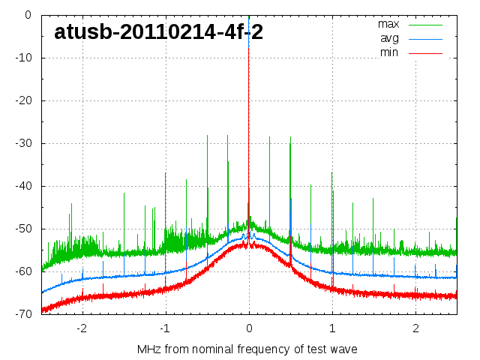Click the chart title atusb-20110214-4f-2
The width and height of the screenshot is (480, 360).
[158, 31]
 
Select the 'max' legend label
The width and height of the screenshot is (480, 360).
[388, 24]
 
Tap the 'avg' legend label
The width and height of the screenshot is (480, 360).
[389, 38]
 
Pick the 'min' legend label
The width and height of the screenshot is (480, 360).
[388, 52]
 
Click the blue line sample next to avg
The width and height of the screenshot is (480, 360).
[425, 38]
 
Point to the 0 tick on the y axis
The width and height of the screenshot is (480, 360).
[27, 15]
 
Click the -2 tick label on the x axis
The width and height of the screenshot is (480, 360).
[81, 328]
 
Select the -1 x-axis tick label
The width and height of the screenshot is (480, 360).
[164, 328]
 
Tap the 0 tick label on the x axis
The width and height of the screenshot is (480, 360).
[249, 328]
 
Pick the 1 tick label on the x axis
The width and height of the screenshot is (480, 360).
[332, 328]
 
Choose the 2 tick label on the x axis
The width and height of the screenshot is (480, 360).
[415, 328]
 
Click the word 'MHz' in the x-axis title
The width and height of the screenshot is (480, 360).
[149, 349]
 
